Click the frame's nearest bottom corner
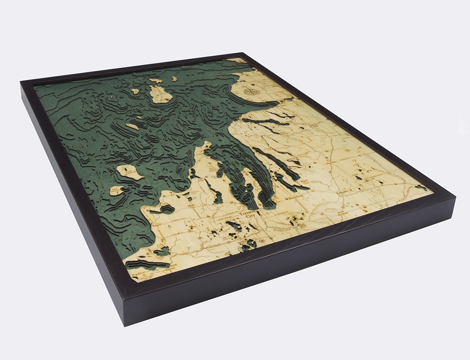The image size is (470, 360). point(123,324)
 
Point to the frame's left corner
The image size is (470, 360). point(21,84)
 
